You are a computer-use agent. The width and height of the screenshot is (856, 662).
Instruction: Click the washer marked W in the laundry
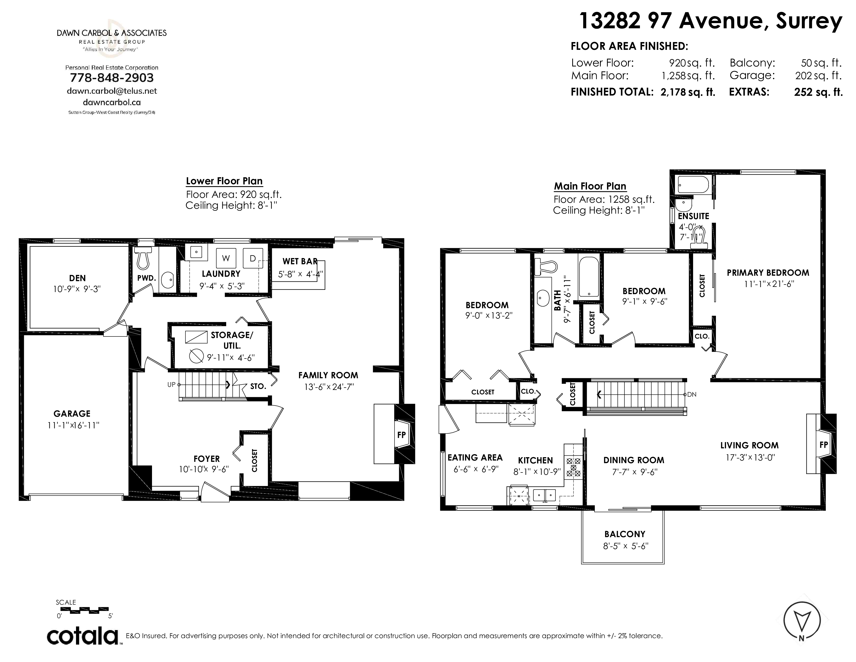(x=226, y=258)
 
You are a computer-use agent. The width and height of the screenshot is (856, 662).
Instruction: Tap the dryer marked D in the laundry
(x=253, y=258)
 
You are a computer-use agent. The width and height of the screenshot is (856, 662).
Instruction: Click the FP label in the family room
(x=401, y=435)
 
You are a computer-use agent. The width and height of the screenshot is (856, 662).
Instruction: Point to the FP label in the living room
(x=824, y=444)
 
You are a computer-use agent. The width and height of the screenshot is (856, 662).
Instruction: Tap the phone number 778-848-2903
(x=112, y=78)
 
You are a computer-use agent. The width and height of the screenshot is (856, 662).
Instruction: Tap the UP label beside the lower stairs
(x=171, y=385)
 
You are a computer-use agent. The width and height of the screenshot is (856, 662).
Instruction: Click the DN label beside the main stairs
(x=692, y=394)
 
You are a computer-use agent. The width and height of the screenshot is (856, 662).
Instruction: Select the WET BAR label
(x=300, y=261)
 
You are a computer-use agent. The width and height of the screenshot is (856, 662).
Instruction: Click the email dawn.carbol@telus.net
(x=112, y=91)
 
